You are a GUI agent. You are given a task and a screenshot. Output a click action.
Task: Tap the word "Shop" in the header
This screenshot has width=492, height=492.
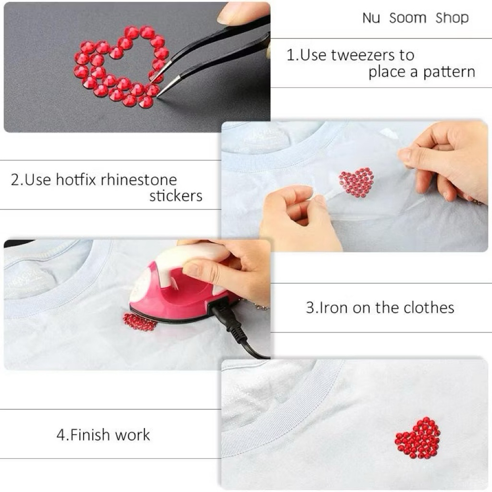coord(452,18)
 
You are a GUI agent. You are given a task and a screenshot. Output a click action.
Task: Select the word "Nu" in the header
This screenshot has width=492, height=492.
coord(371,18)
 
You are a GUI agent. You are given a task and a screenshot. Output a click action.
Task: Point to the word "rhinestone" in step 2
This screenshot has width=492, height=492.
coord(139,180)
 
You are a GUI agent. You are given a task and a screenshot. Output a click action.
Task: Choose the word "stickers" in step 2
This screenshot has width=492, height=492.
coord(176,196)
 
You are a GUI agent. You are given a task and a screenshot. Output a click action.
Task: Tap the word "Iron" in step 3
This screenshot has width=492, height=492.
coord(329,307)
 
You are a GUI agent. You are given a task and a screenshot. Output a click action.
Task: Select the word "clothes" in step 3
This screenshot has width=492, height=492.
coord(429,307)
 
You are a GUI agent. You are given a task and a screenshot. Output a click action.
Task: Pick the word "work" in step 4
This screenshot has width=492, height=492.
coord(132,435)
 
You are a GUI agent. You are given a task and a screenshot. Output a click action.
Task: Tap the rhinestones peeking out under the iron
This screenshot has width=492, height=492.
coord(139,322)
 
